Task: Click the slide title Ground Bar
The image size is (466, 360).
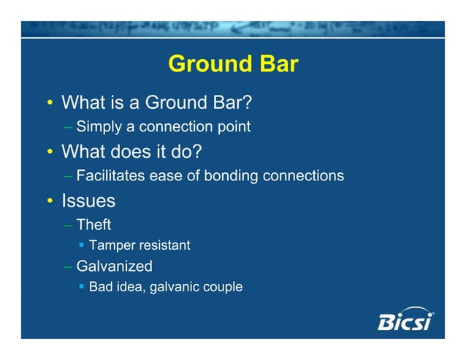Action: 233,64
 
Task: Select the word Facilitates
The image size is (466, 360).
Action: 110,176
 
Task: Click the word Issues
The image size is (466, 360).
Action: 88,199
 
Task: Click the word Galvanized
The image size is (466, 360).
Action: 114,267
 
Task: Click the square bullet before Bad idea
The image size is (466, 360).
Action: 82,287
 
